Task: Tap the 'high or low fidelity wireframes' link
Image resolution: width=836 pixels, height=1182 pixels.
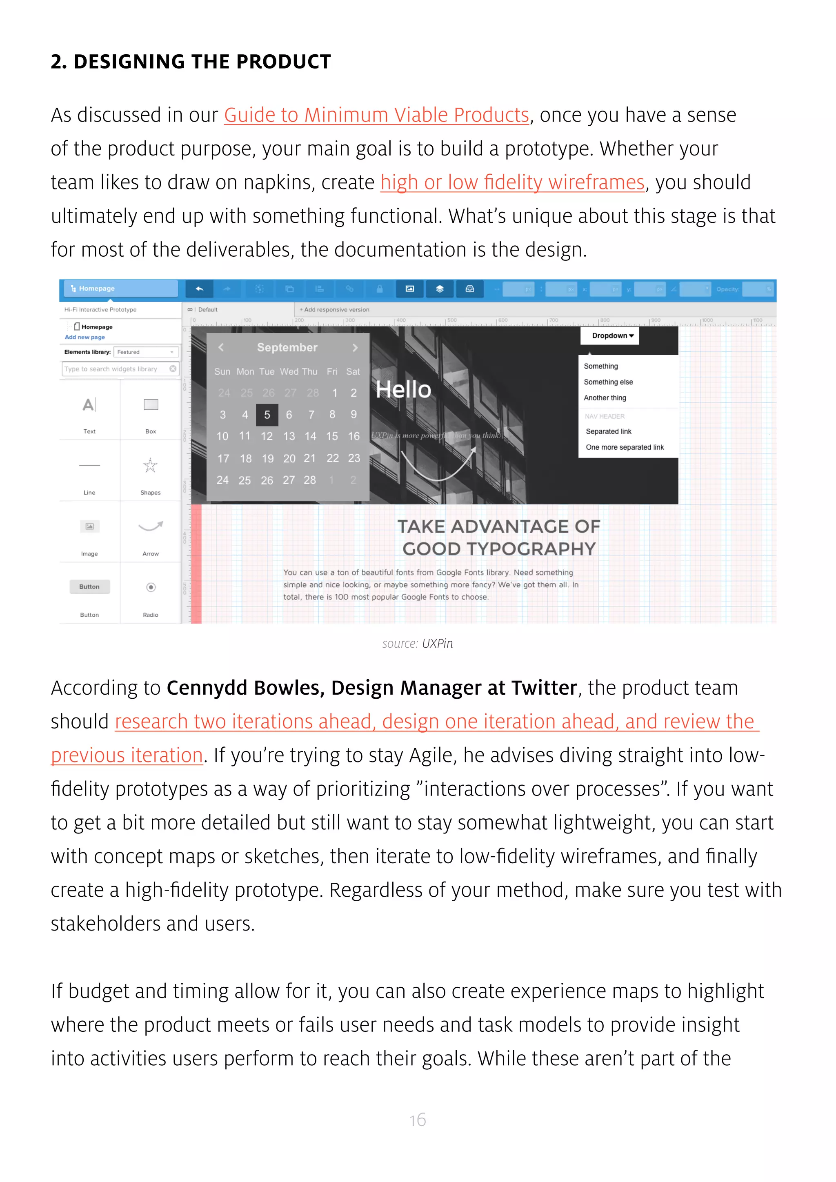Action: point(512,183)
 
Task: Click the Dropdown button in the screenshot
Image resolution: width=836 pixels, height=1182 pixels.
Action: point(609,335)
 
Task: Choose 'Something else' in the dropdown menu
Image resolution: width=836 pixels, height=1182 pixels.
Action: point(608,382)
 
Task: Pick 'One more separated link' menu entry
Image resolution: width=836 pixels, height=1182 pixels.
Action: point(625,447)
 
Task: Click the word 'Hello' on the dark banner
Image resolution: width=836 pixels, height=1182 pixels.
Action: point(403,390)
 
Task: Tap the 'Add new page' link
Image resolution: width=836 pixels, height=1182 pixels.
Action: point(84,337)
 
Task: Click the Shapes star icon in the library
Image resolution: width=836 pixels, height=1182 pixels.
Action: point(150,465)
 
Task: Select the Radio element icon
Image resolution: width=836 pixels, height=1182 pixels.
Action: point(151,587)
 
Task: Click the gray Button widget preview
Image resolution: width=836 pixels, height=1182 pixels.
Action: point(89,587)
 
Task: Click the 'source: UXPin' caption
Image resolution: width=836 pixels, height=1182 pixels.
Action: point(418,644)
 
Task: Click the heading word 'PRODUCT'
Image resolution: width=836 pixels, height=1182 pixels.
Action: point(283,62)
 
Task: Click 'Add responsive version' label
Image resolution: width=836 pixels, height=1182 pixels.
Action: point(336,310)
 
